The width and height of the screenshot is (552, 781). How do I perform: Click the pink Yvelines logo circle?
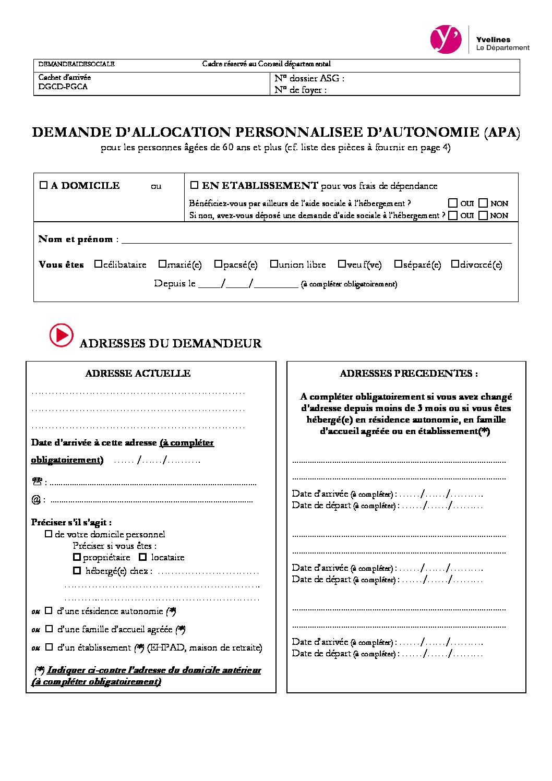[446, 39]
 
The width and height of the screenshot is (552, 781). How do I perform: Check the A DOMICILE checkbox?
[43, 185]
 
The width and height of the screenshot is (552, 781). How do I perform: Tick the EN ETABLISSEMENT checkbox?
[194, 185]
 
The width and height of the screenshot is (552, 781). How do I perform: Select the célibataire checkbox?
[98, 264]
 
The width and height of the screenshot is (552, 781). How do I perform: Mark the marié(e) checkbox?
[162, 264]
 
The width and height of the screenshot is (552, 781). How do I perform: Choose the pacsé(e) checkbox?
[218, 264]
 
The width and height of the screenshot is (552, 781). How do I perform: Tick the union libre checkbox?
[273, 264]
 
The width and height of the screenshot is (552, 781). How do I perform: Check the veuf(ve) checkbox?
[342, 264]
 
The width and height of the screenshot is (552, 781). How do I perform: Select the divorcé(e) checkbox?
[455, 264]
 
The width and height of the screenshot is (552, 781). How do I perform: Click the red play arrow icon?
[62, 335]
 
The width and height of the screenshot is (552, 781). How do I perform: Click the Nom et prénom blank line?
[316, 239]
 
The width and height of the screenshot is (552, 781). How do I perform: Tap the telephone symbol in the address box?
[37, 482]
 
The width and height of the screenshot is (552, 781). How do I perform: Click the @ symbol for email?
[36, 500]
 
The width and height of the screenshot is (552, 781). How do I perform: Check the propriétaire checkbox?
[77, 557]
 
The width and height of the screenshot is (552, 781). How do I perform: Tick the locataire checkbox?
[142, 557]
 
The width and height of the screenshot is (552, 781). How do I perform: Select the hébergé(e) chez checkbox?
[77, 571]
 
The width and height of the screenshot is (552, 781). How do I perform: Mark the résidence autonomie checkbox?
[49, 610]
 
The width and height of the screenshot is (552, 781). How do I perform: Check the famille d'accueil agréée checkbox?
[49, 629]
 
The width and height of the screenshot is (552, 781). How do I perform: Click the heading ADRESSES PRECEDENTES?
[409, 374]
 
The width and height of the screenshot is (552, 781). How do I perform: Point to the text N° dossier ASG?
[309, 78]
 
